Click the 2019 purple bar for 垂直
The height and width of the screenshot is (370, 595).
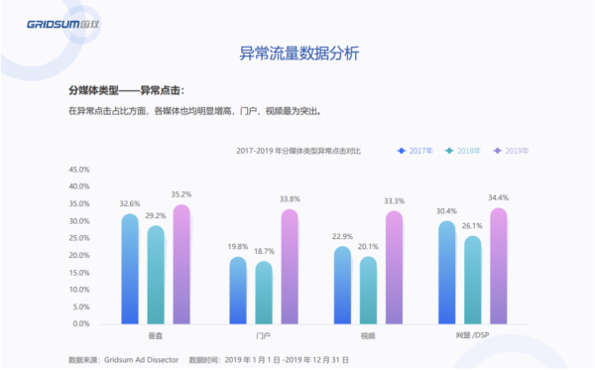point(180,265)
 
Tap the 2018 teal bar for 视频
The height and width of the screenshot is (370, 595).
point(368,291)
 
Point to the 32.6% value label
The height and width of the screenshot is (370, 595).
point(129,204)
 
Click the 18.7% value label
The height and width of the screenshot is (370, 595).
point(264,252)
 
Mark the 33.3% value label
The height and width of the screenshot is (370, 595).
point(395,201)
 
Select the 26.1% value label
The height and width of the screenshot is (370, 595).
point(473,226)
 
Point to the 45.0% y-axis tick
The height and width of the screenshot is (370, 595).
point(79,171)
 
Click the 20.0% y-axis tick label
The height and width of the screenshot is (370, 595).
point(79,256)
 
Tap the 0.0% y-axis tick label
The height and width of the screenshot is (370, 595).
point(81,324)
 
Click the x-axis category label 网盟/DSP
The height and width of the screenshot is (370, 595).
point(472,336)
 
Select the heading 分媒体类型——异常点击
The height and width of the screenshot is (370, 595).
point(126,90)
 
